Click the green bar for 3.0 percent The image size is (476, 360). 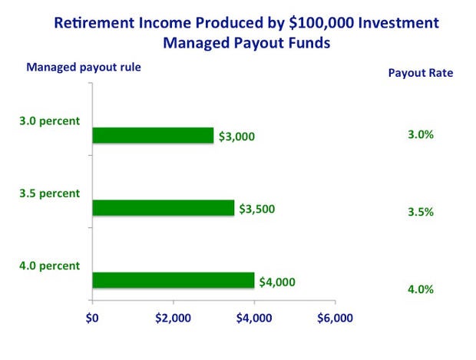click(153, 135)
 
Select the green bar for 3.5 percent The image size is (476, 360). click(164, 208)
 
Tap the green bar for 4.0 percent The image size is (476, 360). click(174, 280)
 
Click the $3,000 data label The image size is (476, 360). click(236, 137)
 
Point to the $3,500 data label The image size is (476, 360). click(257, 209)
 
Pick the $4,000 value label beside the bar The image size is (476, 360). click(277, 282)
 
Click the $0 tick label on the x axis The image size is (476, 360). click(92, 318)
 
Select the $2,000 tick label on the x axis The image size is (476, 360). click(173, 318)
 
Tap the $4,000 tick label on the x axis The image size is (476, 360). click(254, 318)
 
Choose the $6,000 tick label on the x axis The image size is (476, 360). click(336, 318)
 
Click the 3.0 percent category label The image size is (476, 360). click(49, 121)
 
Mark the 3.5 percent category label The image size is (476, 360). click(49, 193)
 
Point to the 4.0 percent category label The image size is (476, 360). click(49, 266)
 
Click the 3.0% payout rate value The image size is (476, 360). click(421, 134)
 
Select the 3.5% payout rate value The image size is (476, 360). click(421, 212)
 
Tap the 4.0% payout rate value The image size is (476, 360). click(421, 289)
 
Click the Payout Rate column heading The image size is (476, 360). click(421, 73)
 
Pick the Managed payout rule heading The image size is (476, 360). click(84, 68)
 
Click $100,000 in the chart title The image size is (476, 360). click(322, 23)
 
